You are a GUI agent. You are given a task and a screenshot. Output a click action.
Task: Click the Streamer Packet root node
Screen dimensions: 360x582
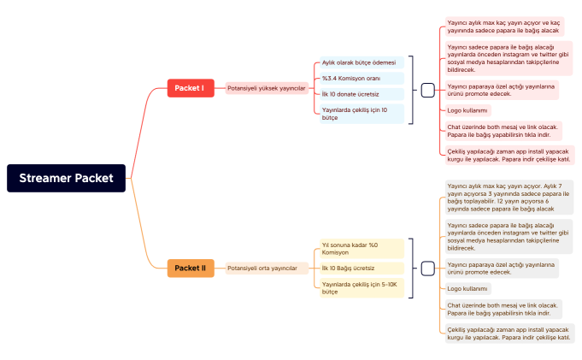pyautogui.click(x=67, y=178)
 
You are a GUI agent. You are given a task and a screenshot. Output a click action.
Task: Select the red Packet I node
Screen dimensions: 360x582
pyautogui.click(x=190, y=88)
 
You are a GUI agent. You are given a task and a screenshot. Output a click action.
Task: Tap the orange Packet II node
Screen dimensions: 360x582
pyautogui.click(x=190, y=269)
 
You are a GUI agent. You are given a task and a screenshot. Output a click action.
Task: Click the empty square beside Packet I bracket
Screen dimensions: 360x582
pyautogui.click(x=428, y=89)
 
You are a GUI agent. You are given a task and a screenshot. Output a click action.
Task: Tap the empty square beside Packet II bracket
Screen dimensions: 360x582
pyautogui.click(x=428, y=269)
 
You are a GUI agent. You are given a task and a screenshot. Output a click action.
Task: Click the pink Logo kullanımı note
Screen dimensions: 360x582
pyautogui.click(x=467, y=110)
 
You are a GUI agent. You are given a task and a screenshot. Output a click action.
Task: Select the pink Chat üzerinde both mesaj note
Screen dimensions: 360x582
pyautogui.click(x=503, y=131)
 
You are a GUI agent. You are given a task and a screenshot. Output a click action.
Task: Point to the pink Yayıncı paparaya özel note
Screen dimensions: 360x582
pyautogui.click(x=502, y=90)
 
